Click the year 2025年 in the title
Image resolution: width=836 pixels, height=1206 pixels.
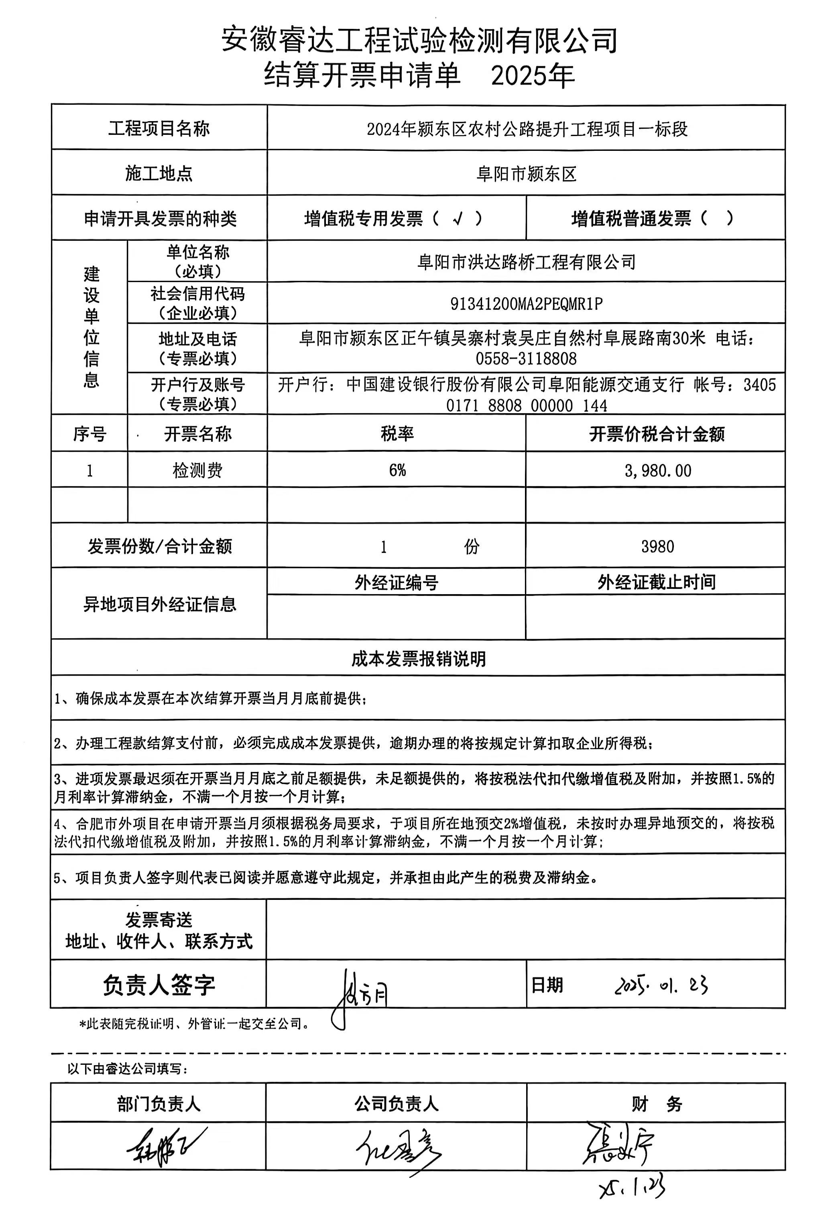tap(533, 76)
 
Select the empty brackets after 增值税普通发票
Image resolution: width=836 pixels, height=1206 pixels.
tap(716, 218)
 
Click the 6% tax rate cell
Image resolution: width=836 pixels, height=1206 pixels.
tap(397, 470)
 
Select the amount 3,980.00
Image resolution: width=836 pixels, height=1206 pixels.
tap(657, 471)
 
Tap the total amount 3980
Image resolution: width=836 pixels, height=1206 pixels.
tap(657, 547)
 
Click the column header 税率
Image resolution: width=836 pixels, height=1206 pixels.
tap(397, 434)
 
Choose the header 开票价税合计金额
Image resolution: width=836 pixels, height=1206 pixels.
tap(657, 434)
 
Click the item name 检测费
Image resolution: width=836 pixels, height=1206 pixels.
tap(197, 470)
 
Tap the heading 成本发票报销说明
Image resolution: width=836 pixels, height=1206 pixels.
tap(418, 659)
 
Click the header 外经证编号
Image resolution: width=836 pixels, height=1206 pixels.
tap(396, 582)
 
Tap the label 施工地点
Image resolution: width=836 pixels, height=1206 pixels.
tap(159, 173)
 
